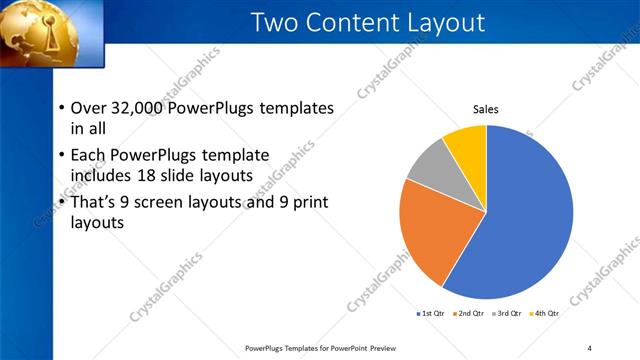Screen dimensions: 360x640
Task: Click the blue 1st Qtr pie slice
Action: [525, 220]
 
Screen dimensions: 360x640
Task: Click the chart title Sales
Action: [486, 109]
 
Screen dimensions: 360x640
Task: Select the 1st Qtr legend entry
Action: [432, 313]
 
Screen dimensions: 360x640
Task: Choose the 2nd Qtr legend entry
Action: [470, 313]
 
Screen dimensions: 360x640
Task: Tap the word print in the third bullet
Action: [308, 202]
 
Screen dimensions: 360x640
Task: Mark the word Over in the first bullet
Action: [90, 108]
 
